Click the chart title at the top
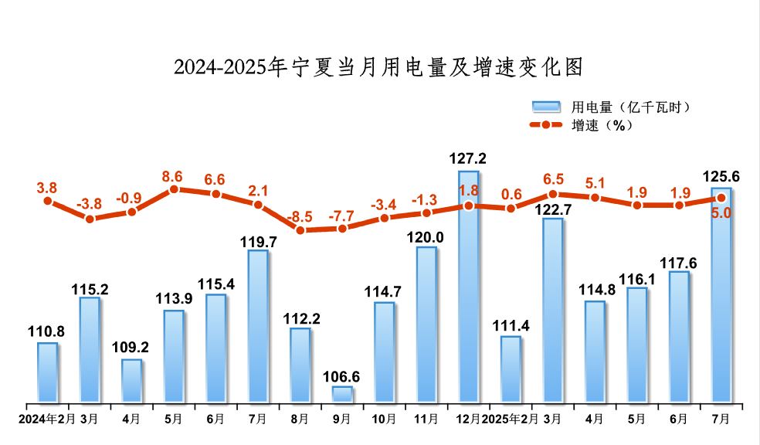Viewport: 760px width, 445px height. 378,67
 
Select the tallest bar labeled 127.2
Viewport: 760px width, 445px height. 468,286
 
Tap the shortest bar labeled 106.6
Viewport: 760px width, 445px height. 342,394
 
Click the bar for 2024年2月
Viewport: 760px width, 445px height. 47,372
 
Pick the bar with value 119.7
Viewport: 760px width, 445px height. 258,326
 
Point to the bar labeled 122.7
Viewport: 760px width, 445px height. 552,310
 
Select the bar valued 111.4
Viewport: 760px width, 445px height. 511,369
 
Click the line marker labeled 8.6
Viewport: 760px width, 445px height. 174,189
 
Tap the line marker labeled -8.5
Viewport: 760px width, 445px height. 300,229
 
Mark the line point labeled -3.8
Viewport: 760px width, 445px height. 90,219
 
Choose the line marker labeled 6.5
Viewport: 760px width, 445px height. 553,194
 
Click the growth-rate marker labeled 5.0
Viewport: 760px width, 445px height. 721,198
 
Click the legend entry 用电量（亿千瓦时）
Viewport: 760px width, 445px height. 610,107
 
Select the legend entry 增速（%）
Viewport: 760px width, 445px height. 583,125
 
